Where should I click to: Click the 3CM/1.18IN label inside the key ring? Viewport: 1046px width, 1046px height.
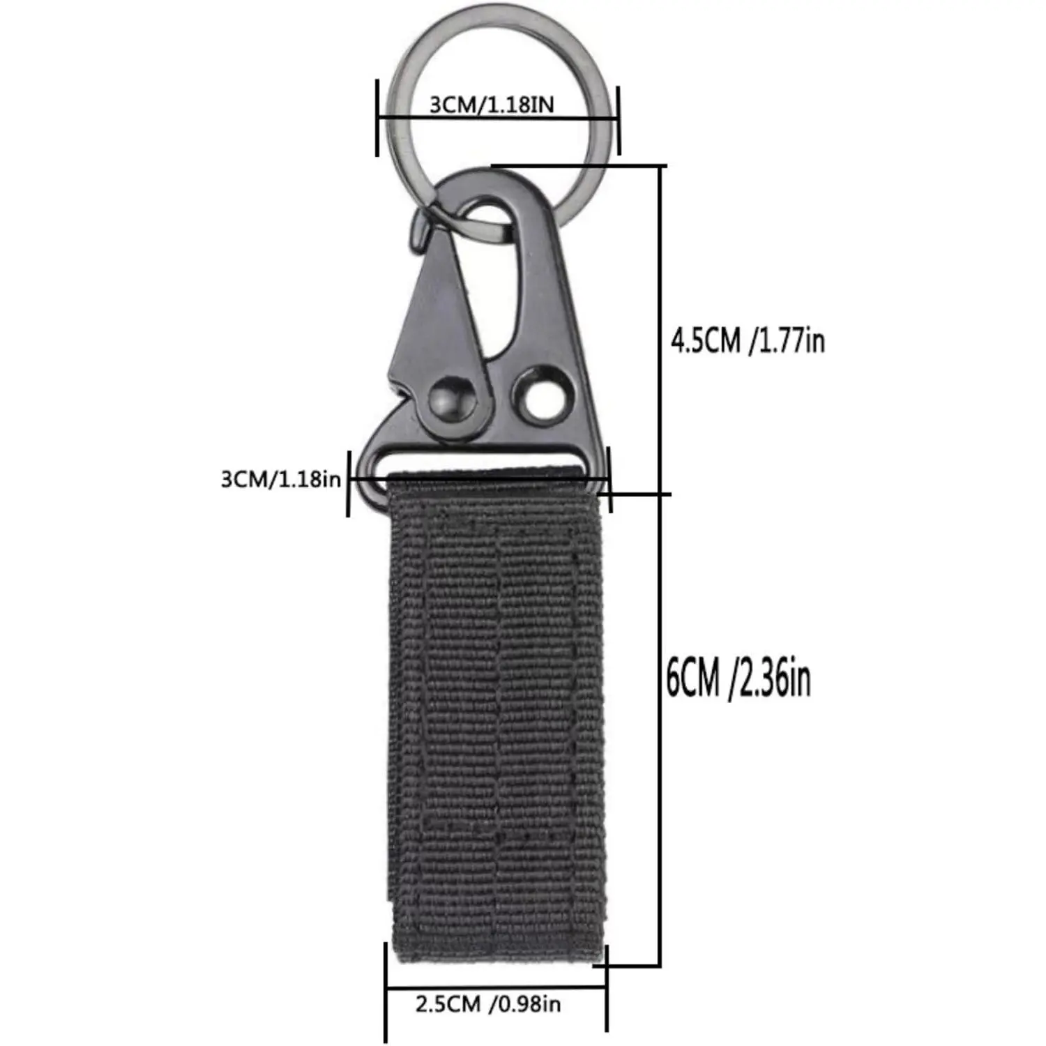pyautogui.click(x=492, y=105)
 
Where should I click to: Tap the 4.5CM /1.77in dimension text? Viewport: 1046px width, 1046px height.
pyautogui.click(x=748, y=341)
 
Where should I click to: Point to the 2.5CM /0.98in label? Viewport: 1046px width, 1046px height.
pyautogui.click(x=488, y=1004)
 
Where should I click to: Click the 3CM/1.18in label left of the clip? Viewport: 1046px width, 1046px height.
pyautogui.click(x=281, y=479)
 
